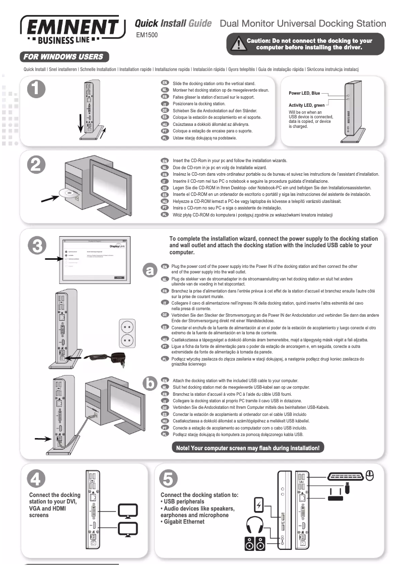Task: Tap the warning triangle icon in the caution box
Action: tap(236, 44)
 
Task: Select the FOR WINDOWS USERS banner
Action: tap(64, 57)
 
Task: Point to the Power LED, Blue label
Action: tap(304, 93)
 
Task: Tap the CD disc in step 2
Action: tap(66, 192)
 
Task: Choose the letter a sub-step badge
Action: tap(149, 270)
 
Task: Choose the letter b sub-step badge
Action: tap(149, 384)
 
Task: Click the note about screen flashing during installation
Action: tap(247, 448)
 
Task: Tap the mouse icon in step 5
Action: tap(370, 475)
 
